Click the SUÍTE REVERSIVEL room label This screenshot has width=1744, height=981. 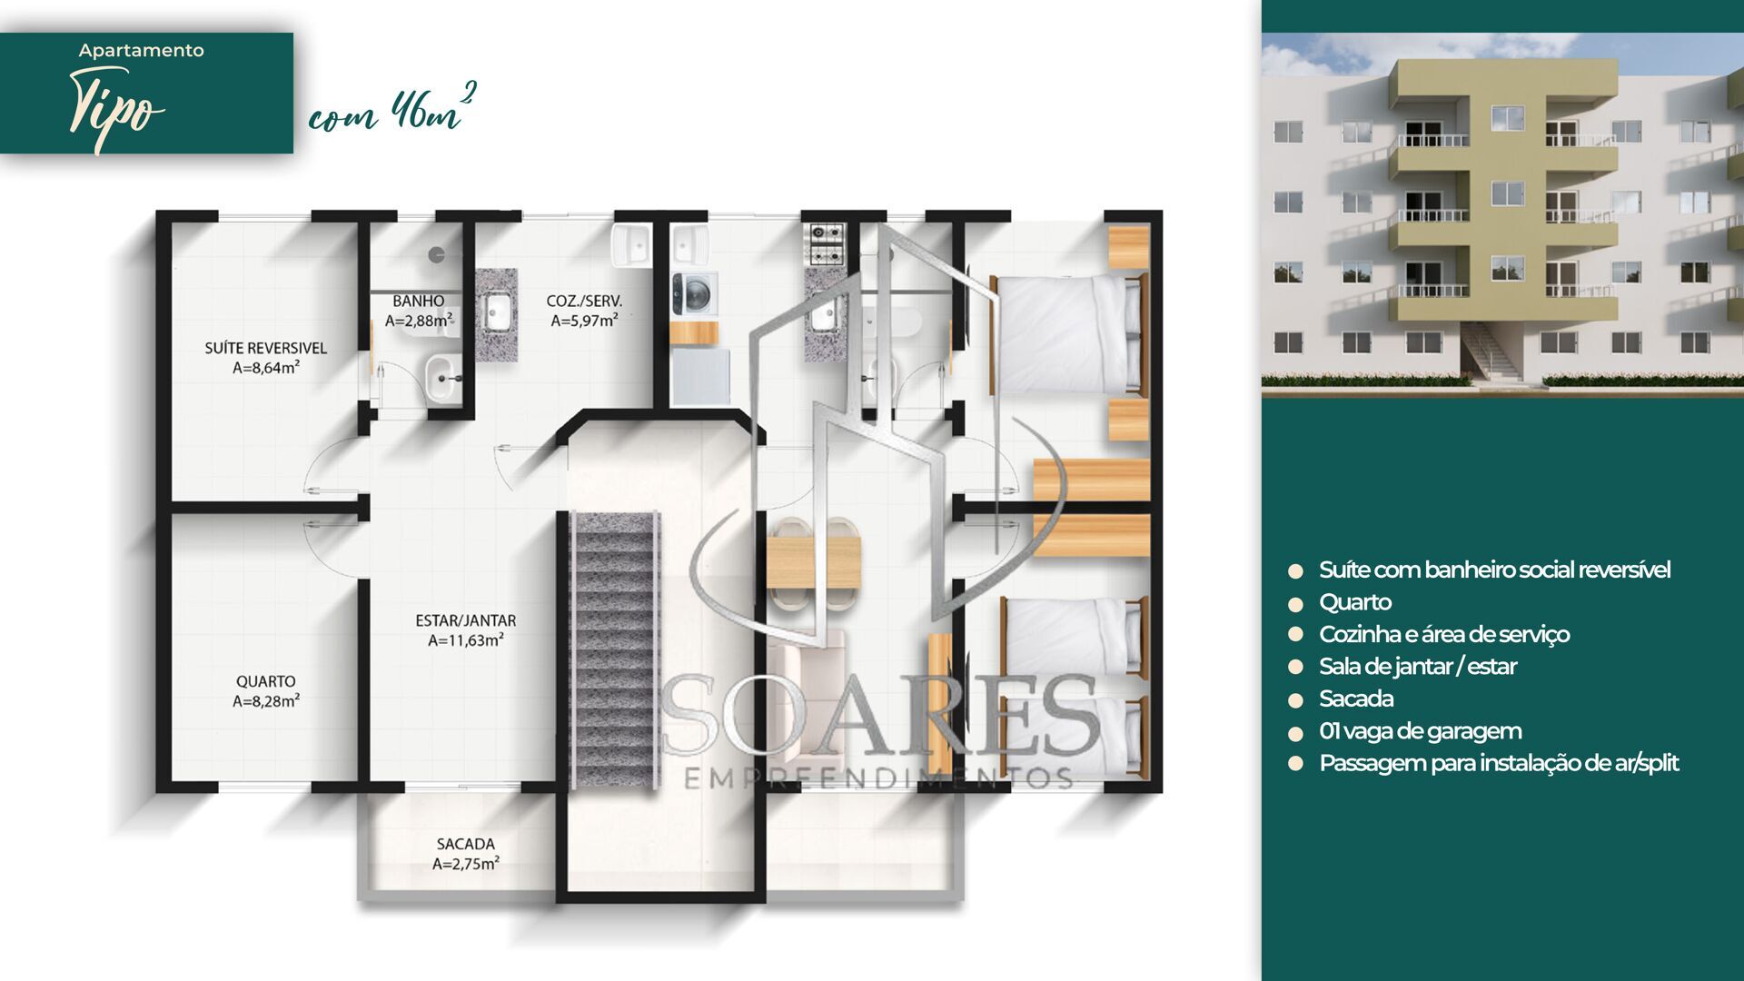pyautogui.click(x=265, y=348)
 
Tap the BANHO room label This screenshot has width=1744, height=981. pyautogui.click(x=418, y=301)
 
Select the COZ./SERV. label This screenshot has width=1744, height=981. pyautogui.click(x=584, y=301)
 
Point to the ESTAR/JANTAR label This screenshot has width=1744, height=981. pyautogui.click(x=465, y=620)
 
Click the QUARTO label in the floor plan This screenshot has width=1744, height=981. pyautogui.click(x=265, y=681)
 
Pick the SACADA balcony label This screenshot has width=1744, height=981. pyautogui.click(x=465, y=844)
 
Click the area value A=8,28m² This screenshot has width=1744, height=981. pyautogui.click(x=265, y=701)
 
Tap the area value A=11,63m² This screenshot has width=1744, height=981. pyautogui.click(x=465, y=640)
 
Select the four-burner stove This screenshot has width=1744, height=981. pyautogui.click(x=827, y=243)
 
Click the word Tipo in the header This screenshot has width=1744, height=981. pyautogui.click(x=116, y=111)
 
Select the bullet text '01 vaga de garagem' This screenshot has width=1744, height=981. pyautogui.click(x=1420, y=731)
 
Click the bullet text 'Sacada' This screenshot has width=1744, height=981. pyautogui.click(x=1355, y=699)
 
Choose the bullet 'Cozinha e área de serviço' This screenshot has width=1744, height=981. pyautogui.click(x=1443, y=634)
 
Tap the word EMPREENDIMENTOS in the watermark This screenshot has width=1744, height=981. pyautogui.click(x=877, y=778)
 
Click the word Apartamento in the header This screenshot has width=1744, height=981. pyautogui.click(x=141, y=51)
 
